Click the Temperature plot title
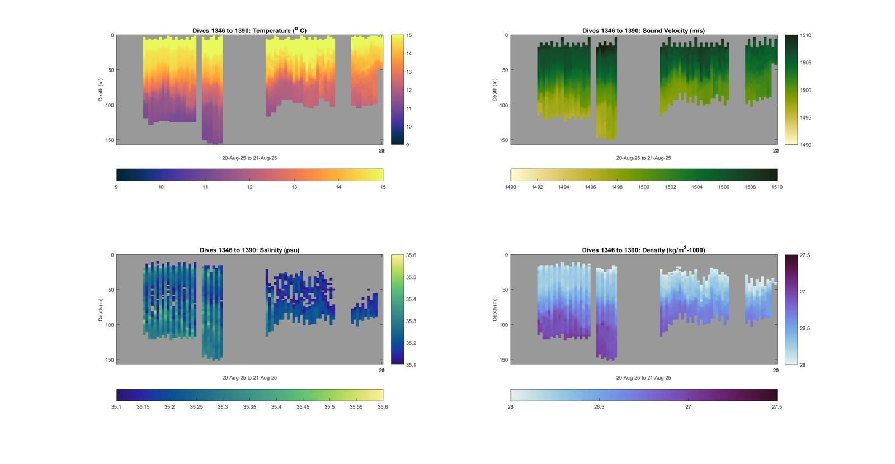tap(249, 31)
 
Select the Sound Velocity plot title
tap(643, 31)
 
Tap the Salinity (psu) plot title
tap(249, 250)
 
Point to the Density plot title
tap(643, 250)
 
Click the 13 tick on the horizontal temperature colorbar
tap(294, 187)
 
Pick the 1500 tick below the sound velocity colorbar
tap(644, 187)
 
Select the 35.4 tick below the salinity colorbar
tap(276, 407)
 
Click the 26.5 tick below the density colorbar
tap(599, 407)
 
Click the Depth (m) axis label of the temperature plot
tap(101, 89)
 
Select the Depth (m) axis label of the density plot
tap(495, 309)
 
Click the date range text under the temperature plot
tap(249, 158)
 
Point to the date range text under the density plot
tap(643, 378)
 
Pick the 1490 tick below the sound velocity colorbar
tap(511, 187)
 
